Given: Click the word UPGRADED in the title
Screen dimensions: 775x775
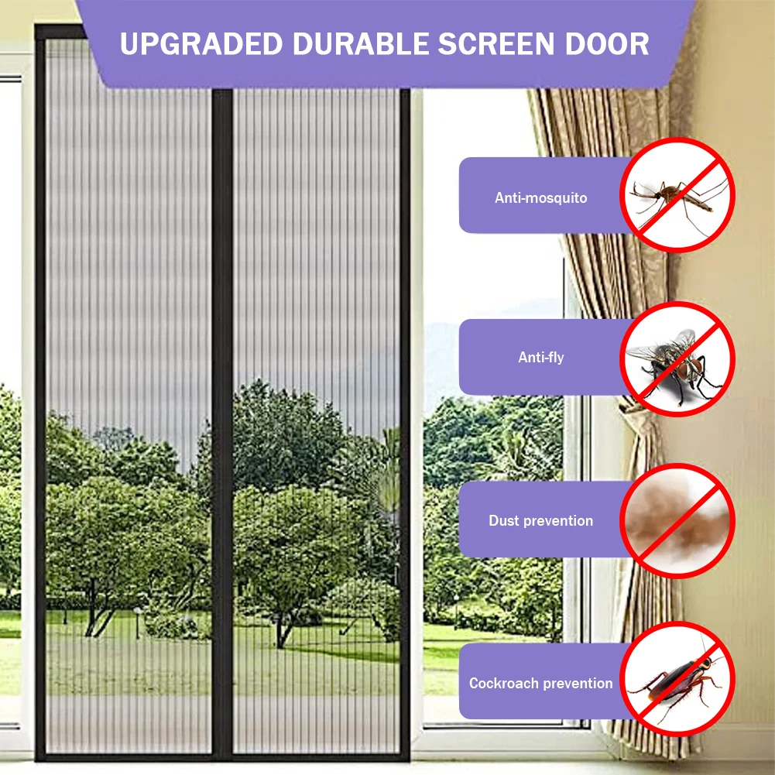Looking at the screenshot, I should [195, 44].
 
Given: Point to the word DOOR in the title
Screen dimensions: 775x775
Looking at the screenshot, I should [610, 44].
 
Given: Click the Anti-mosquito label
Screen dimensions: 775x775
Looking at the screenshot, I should [540, 198].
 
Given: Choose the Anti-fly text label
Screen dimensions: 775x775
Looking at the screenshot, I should [540, 358].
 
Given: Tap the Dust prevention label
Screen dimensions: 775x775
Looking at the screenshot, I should [540, 521].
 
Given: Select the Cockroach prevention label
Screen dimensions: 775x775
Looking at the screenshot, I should [540, 684].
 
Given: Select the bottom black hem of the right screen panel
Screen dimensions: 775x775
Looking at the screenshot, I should [317, 755].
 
